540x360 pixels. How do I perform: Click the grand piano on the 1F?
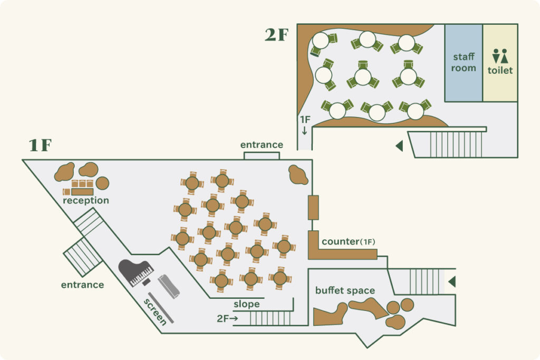pos(136,273)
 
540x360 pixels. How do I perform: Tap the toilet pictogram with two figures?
pos(500,56)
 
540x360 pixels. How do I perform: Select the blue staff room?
pos(463,63)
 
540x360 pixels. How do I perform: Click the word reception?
pos(86,201)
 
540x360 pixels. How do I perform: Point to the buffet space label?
pos(345,290)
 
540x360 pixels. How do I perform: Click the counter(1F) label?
pos(348,241)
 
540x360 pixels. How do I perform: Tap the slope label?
pos(247,304)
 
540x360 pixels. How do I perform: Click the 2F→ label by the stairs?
pos(227,318)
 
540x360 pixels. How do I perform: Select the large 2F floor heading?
pos(276,35)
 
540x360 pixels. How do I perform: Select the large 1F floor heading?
pos(40,145)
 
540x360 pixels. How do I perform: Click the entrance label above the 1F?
pos(262,144)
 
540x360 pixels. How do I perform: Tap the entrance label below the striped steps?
pos(82,285)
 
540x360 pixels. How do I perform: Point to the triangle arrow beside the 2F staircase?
pos(400,145)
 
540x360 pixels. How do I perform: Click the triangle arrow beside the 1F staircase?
pos(452,281)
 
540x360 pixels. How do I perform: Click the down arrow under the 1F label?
pos(304,130)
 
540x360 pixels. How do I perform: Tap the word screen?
pos(156,312)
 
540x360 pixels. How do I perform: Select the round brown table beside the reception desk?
pos(102,183)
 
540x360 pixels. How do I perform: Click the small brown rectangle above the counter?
pos(313,208)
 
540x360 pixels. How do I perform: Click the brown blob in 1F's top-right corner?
pos(298,174)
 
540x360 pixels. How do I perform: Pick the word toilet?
pos(500,70)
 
